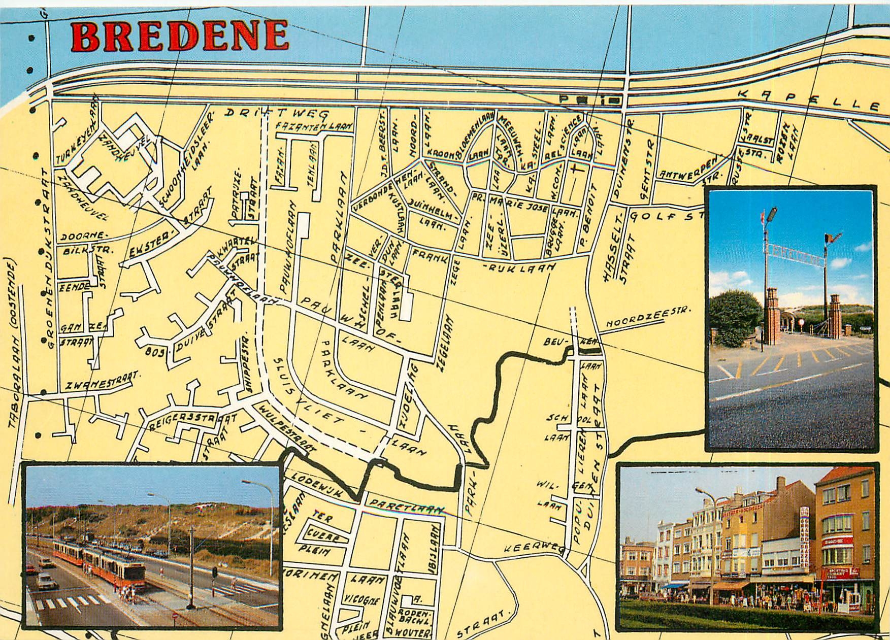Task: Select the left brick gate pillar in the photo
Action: click(x=772, y=315)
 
